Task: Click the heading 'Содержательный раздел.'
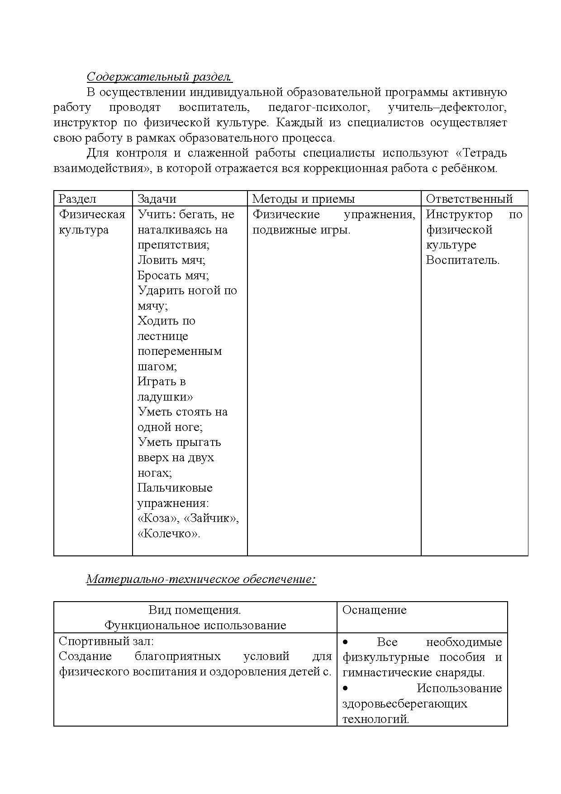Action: coord(159,77)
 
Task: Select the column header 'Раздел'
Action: coord(77,199)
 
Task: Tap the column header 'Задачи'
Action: coord(157,199)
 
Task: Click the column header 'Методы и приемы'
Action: coord(303,199)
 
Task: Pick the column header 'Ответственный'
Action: coord(469,199)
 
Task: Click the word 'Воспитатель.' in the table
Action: coord(462,260)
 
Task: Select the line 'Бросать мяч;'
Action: coord(173,276)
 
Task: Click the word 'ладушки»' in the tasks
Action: coord(165,397)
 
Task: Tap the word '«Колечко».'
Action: coord(169,534)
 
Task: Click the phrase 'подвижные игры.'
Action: coord(301,230)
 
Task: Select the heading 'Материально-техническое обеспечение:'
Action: coord(201,579)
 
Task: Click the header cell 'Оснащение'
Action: coord(374,610)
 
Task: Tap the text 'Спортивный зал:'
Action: coord(106,641)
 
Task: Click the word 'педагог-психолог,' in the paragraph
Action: coord(319,108)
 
